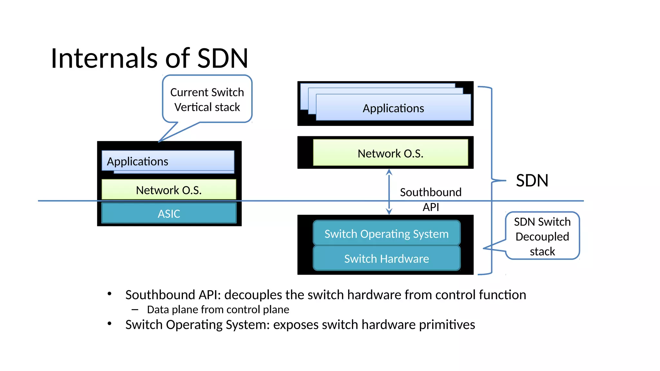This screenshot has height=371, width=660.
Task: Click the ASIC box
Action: pos(169,214)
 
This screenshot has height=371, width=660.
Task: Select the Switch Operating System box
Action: pos(386,233)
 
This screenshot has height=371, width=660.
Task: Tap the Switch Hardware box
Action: pos(386,259)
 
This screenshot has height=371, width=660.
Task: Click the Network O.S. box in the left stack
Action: pos(169,190)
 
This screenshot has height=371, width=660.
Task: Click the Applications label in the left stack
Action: pos(138,161)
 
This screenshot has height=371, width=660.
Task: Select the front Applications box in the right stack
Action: pos(393,108)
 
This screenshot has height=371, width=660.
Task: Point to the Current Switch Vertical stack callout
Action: pos(207,99)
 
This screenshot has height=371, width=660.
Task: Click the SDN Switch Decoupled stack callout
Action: pos(542,236)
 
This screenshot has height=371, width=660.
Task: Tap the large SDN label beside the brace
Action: pos(532,180)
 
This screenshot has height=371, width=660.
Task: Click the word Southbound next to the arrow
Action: pos(431,192)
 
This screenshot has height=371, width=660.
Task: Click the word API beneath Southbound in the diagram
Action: pos(431,207)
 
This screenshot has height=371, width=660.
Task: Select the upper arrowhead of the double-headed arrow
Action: pos(389,172)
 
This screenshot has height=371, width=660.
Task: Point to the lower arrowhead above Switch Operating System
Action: pos(389,212)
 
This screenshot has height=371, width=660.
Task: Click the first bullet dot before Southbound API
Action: pos(110,294)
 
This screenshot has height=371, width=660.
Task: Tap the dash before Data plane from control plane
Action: pos(135,310)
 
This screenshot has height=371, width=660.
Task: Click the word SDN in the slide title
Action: pos(222,58)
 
